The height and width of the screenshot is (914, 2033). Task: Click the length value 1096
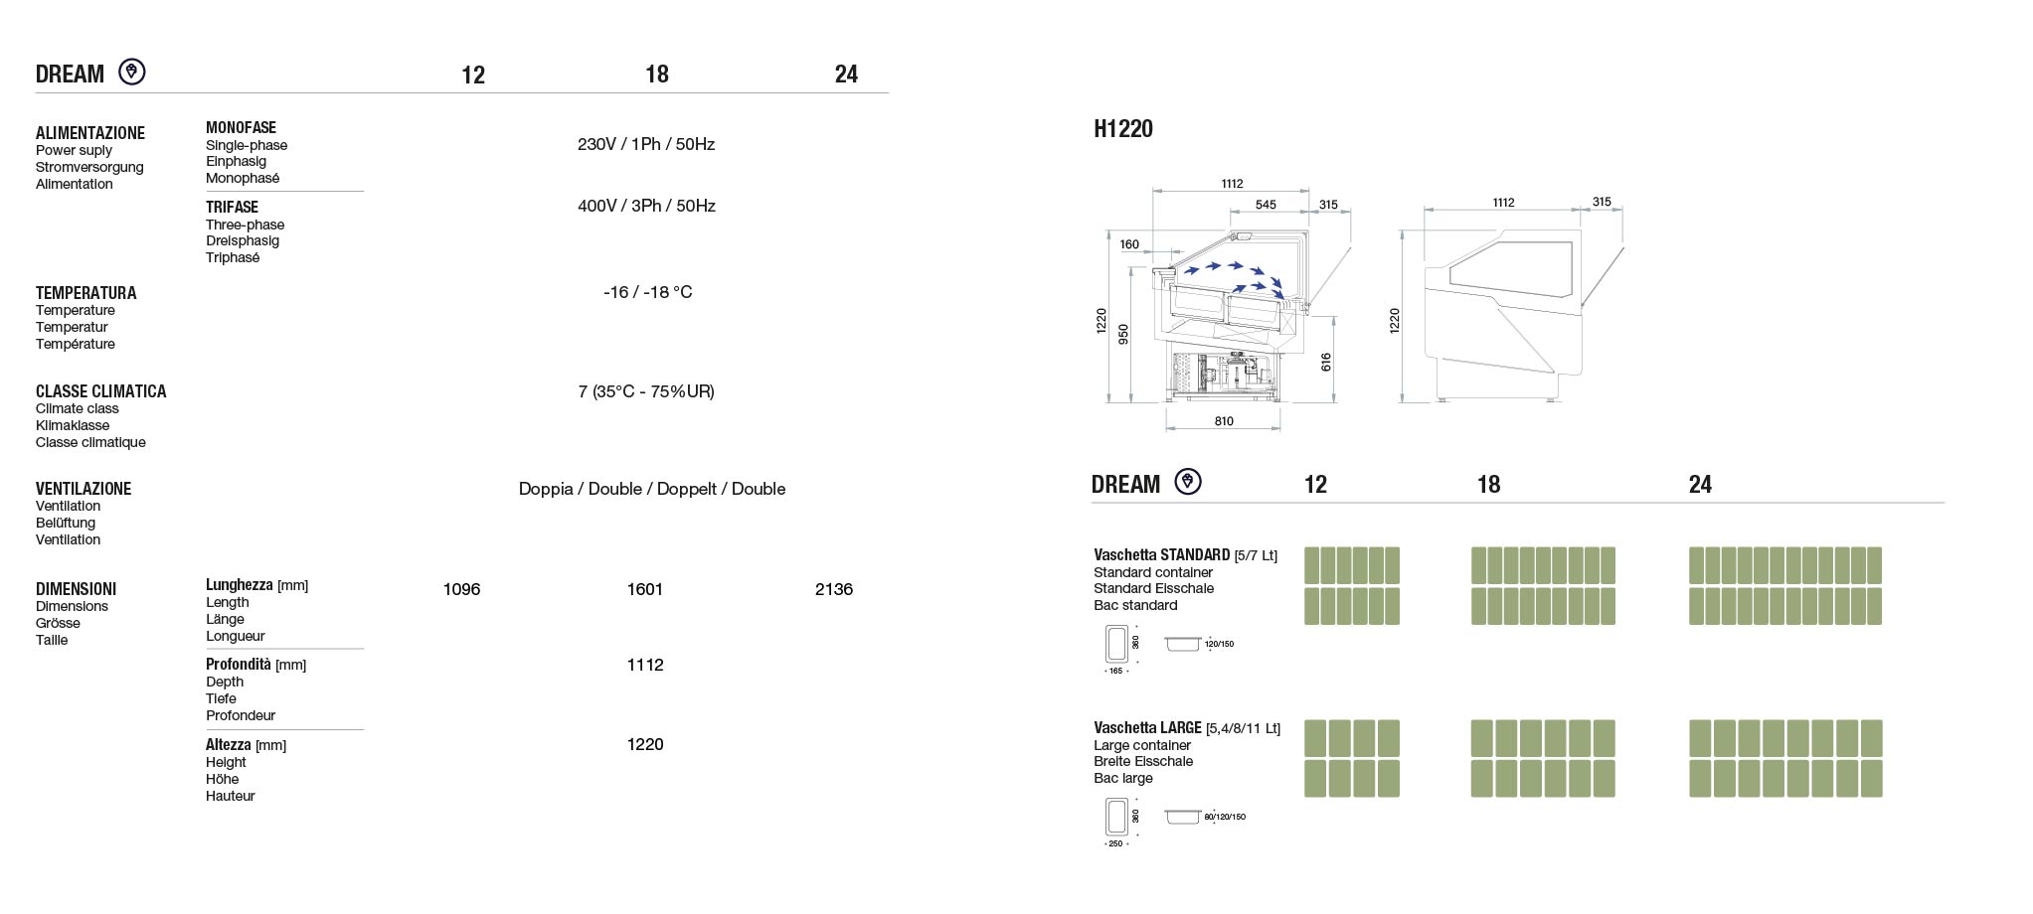(x=461, y=589)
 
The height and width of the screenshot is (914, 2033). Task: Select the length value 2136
(x=833, y=589)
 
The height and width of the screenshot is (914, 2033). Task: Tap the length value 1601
(x=644, y=589)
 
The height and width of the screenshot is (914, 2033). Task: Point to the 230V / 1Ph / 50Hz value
(x=646, y=144)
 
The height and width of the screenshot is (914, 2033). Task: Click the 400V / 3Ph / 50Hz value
(x=646, y=206)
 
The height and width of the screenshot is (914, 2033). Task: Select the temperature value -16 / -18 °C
(x=647, y=292)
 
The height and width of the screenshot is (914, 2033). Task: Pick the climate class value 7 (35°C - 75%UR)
(x=646, y=391)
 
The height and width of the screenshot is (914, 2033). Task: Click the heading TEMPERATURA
(x=86, y=293)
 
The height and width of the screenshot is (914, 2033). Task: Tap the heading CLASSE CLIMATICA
(x=101, y=391)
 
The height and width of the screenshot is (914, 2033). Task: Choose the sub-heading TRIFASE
(x=232, y=207)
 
